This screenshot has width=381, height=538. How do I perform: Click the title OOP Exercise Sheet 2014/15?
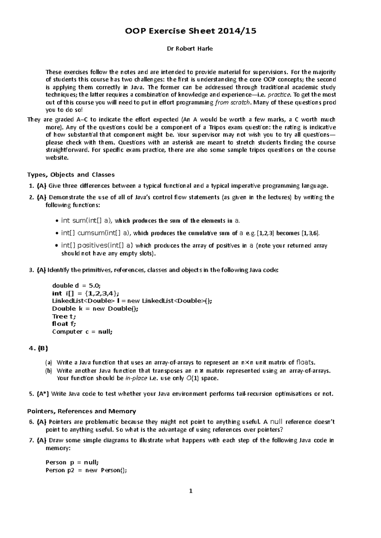click(x=190, y=31)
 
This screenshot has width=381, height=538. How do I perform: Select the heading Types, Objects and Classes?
click(x=71, y=175)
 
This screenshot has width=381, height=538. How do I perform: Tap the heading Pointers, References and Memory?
click(x=82, y=411)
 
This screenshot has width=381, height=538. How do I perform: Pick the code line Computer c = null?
click(x=82, y=332)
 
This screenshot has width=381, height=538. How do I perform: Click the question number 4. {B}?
click(x=38, y=349)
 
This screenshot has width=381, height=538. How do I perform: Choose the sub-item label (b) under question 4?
click(x=48, y=371)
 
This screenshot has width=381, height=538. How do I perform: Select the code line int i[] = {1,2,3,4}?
click(x=86, y=293)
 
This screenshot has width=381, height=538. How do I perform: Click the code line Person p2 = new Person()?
click(x=86, y=470)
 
